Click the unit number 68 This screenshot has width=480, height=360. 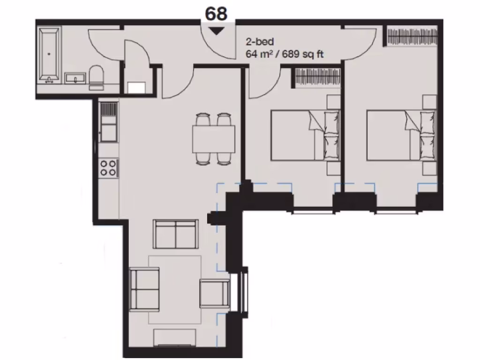[216, 14]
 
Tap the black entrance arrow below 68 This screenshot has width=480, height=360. [216, 31]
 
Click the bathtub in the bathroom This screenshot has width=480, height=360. [49, 54]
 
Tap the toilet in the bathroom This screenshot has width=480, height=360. [97, 77]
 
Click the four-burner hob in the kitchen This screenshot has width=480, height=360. [109, 168]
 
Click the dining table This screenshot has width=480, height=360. [213, 139]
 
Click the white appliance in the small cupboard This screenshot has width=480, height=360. [137, 88]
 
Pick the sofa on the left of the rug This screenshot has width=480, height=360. [144, 289]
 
